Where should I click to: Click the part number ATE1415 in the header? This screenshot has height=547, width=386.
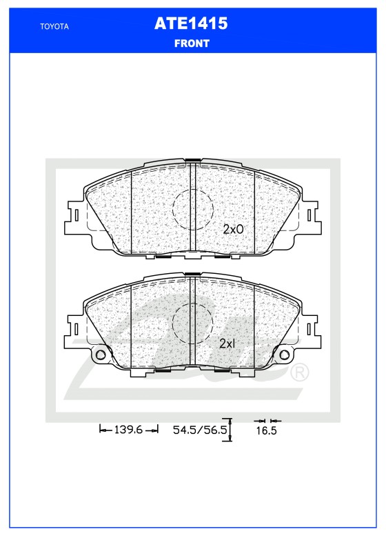[191, 23]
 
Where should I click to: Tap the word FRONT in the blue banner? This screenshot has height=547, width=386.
[192, 43]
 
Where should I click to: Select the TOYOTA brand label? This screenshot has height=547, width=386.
[54, 26]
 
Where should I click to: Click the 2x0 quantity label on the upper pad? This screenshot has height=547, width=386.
[233, 229]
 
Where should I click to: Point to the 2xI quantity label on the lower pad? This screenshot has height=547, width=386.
[227, 344]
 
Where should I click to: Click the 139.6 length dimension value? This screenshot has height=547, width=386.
[128, 430]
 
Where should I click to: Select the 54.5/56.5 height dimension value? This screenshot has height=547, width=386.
[200, 430]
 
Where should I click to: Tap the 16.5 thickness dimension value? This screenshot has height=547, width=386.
[266, 431]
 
